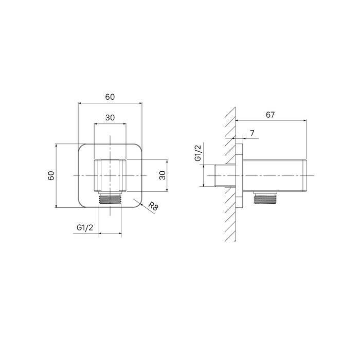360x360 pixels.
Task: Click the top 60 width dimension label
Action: [110, 97]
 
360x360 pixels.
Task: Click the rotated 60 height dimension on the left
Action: [51, 176]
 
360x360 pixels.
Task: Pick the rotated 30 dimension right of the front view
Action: [163, 175]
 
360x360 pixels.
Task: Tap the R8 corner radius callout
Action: [153, 206]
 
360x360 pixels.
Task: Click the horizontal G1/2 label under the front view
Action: [85, 227]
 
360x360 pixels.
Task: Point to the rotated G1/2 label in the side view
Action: [198, 153]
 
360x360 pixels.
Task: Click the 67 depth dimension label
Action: [270, 115]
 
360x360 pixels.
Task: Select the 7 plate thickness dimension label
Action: [253, 133]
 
